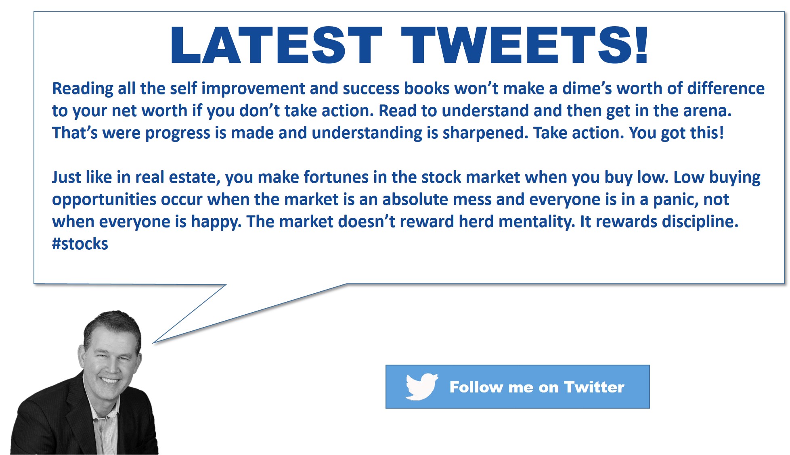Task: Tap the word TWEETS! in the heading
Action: (x=524, y=45)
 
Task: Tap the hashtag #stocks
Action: (x=80, y=244)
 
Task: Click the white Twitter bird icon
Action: (x=421, y=386)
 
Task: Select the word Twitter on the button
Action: (x=594, y=387)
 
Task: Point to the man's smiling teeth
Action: (x=109, y=380)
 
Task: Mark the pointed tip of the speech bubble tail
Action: (x=153, y=343)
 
